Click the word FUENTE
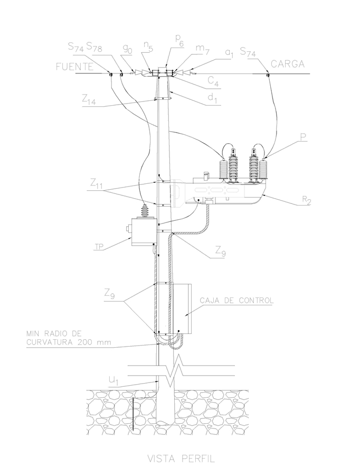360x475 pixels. coord(74,67)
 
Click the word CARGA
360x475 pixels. coord(287,64)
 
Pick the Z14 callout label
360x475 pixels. coord(89,99)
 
